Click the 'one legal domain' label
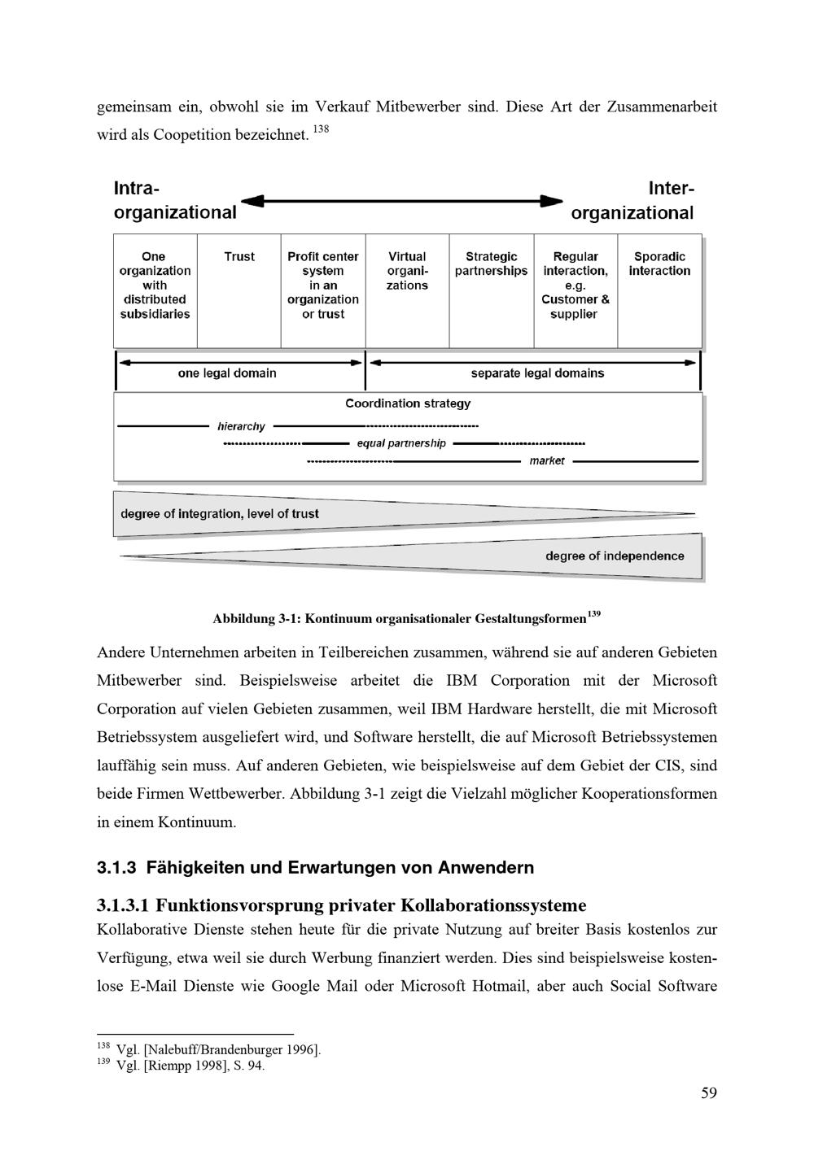coord(227,373)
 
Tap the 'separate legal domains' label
coord(537,373)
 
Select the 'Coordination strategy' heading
coord(408,403)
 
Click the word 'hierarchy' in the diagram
coord(241,426)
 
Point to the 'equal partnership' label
coord(401,443)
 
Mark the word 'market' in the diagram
coord(547,460)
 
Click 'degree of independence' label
coord(615,556)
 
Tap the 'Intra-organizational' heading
coord(175,200)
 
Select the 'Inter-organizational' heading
coord(632,200)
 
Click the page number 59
coord(709,1092)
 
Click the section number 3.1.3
coord(117,868)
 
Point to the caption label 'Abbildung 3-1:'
coord(256,619)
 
